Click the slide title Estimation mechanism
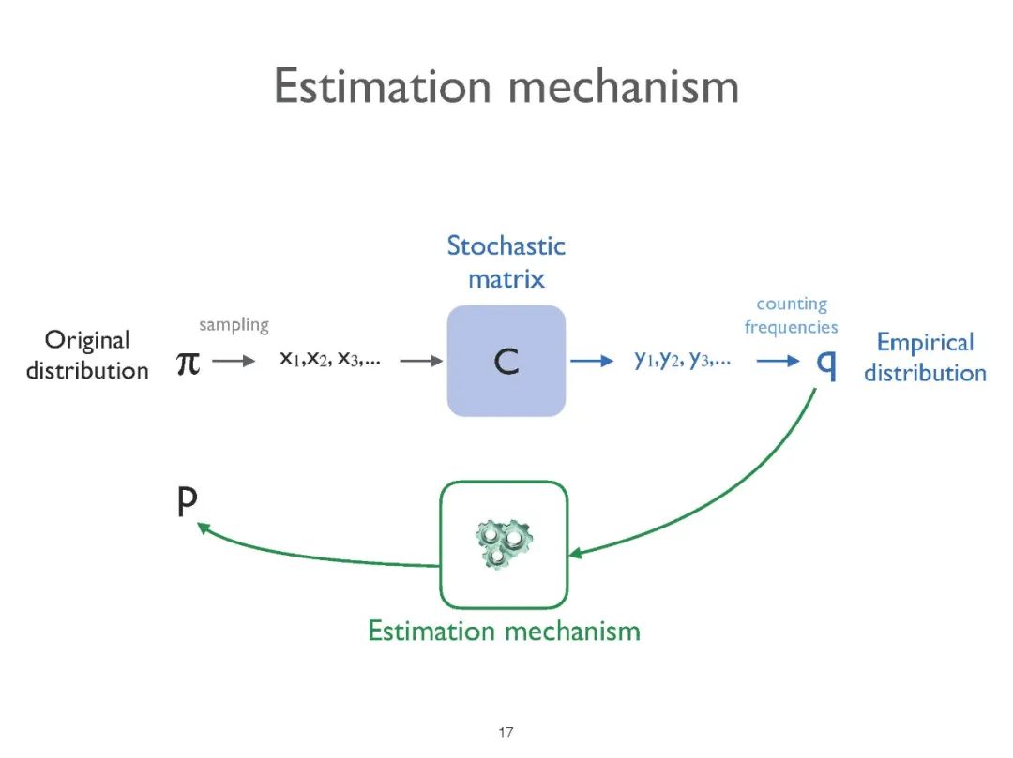click(x=506, y=87)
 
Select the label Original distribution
click(x=87, y=355)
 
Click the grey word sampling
click(x=234, y=325)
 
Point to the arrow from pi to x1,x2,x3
click(x=234, y=361)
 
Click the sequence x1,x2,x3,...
click(x=329, y=359)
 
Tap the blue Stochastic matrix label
click(x=506, y=262)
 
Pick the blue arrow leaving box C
click(x=592, y=361)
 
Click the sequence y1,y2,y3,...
click(x=683, y=359)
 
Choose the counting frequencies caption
click(x=792, y=316)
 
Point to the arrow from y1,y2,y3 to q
click(x=779, y=361)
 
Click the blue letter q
click(x=826, y=363)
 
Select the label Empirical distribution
click(x=925, y=357)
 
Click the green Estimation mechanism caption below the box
click(x=504, y=631)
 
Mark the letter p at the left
click(x=188, y=503)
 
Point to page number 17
click(x=506, y=733)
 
